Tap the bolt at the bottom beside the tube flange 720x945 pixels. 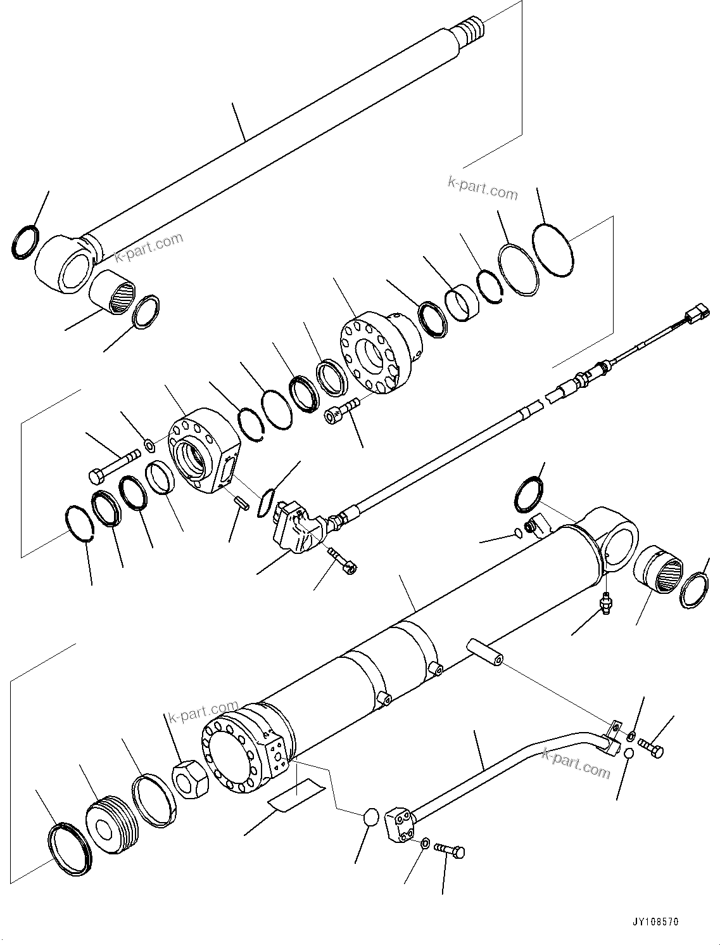tap(451, 851)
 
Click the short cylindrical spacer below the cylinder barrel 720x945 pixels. tap(483, 653)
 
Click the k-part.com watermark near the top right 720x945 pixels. tap(483, 188)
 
